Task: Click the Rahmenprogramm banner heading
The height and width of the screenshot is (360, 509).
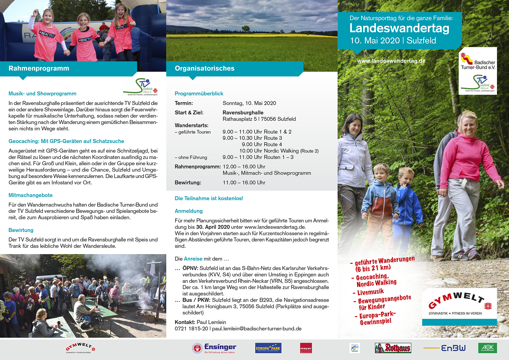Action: click(x=39, y=69)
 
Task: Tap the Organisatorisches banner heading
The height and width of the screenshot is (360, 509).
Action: click(x=205, y=69)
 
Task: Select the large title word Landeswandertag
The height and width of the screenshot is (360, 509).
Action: click(x=399, y=28)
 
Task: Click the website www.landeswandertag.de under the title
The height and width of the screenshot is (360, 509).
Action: click(x=391, y=61)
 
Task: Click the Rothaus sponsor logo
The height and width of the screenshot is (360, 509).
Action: click(x=393, y=348)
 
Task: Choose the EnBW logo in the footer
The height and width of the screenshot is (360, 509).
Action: click(x=453, y=348)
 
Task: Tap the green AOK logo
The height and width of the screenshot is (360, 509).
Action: click(x=487, y=348)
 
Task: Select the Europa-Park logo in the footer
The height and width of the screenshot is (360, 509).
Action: click(x=268, y=348)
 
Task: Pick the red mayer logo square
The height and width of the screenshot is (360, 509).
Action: click(x=306, y=348)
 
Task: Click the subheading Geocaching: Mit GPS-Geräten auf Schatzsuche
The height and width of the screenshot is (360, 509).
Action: click(x=66, y=141)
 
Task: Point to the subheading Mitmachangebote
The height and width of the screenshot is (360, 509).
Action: click(x=30, y=195)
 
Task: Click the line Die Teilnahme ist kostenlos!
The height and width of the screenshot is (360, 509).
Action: click(x=209, y=199)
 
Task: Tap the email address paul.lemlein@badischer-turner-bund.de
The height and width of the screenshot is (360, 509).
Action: click(x=257, y=329)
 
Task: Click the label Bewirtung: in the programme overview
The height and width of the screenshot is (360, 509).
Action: click(x=188, y=183)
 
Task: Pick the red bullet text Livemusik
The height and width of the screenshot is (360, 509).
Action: click(x=370, y=292)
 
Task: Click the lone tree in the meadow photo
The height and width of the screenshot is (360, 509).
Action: click(x=246, y=28)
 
